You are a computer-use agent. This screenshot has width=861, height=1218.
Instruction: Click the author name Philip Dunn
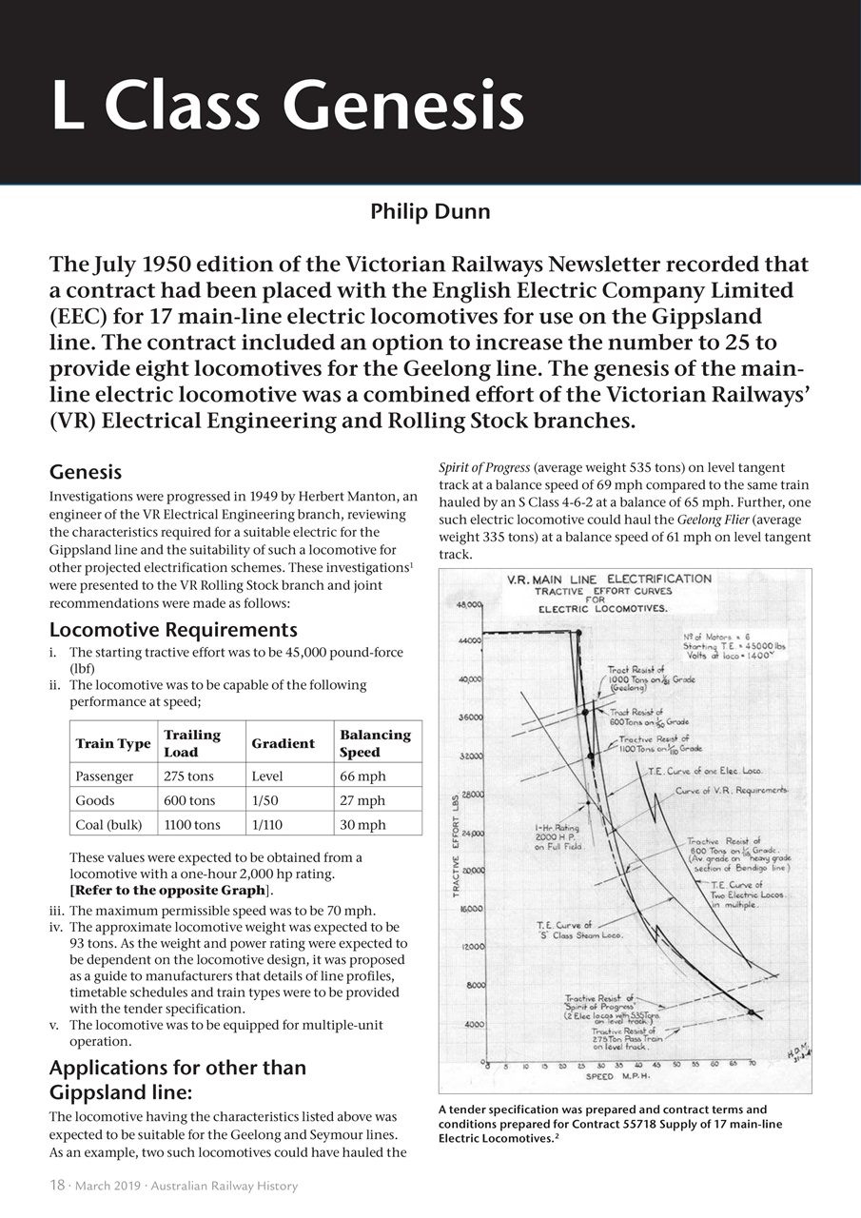[430, 211]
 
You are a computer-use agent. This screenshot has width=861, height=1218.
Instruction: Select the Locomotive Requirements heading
[172, 630]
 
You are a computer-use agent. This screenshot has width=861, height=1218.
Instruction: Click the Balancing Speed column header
[375, 743]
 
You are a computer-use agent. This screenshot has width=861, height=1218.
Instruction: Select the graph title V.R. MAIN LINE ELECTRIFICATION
[609, 579]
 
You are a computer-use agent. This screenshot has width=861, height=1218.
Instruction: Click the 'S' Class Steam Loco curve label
[578, 930]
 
